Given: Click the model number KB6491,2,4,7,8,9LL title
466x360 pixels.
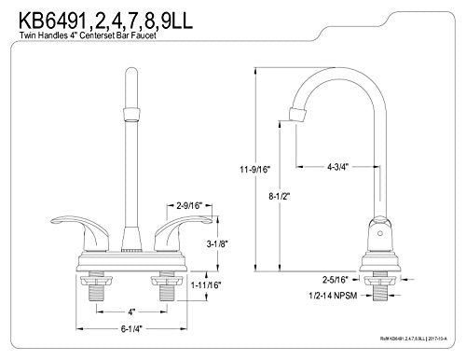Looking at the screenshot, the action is pos(105,21).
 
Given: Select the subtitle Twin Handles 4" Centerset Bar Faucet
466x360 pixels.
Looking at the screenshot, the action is pos(88,35).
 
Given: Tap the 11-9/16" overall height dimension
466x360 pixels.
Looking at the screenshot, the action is pos(255,170).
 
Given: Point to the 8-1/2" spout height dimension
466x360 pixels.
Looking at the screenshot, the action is pos(280,196).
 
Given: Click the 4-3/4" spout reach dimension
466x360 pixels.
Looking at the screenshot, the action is pos(337,167).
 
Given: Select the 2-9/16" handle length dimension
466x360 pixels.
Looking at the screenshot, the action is pos(189,205).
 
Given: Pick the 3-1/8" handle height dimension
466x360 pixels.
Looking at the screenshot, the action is pos(217,244).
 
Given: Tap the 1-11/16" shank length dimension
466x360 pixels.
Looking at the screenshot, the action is pos(206,284).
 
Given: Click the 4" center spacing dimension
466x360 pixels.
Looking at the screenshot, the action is pos(132,312).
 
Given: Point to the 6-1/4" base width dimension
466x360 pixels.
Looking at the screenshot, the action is pos(133,328).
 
